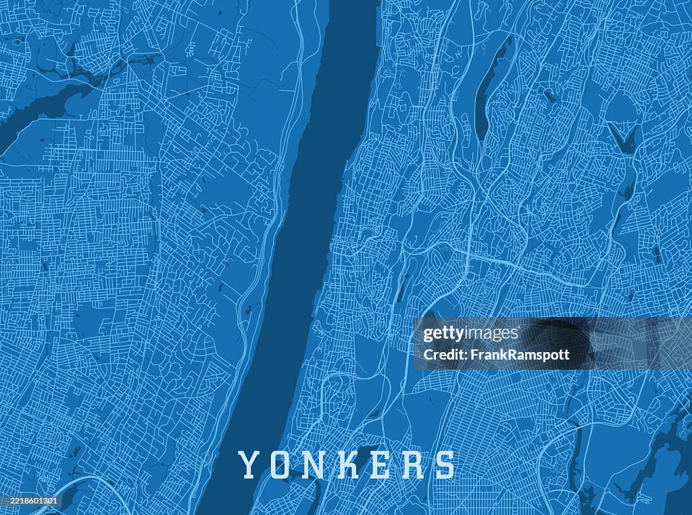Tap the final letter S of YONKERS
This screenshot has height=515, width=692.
(444, 465)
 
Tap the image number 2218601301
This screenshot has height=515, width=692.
(30, 501)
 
